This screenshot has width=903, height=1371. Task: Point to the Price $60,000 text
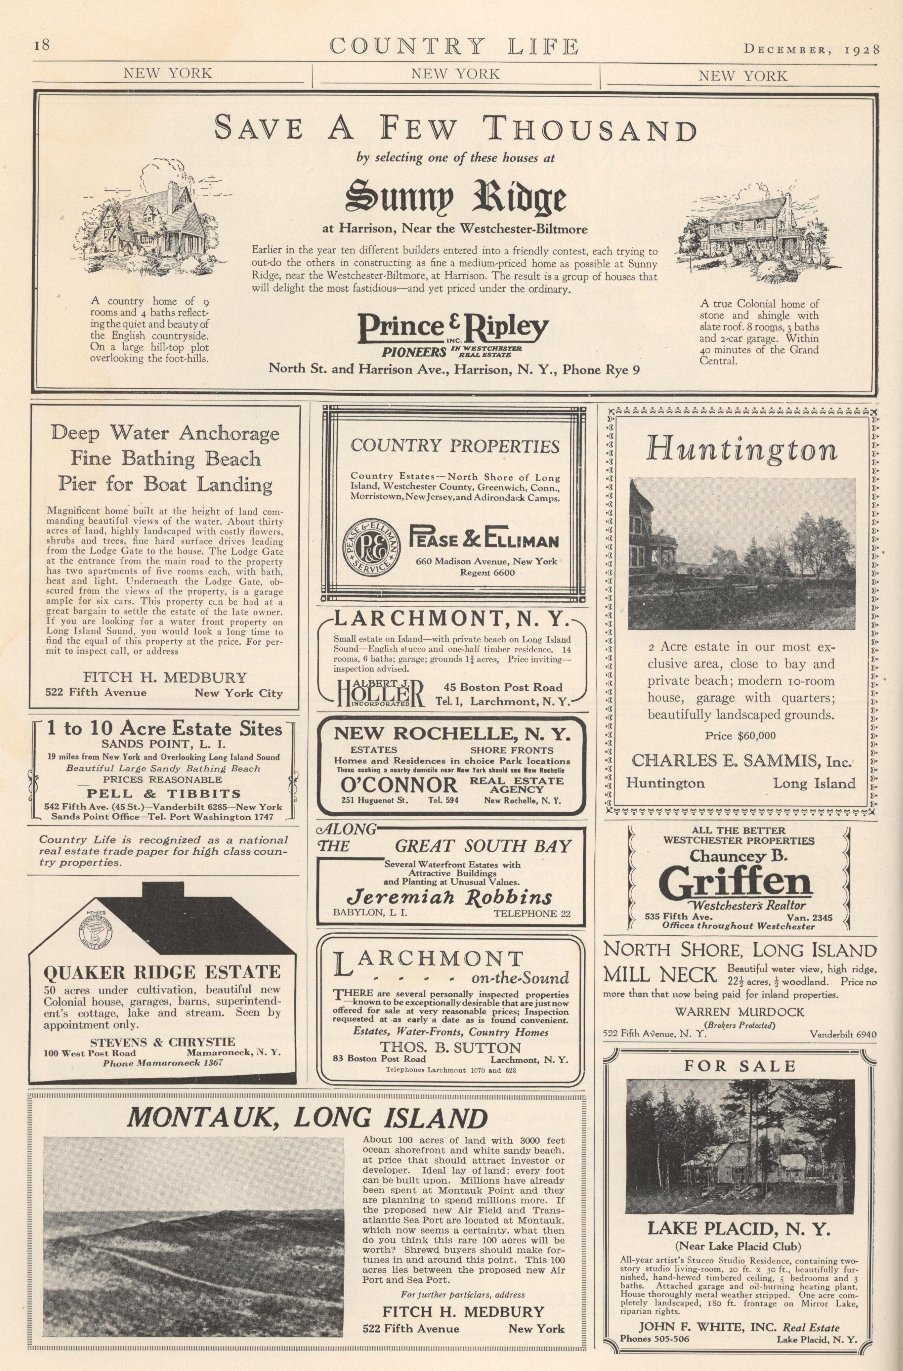pyautogui.click(x=740, y=736)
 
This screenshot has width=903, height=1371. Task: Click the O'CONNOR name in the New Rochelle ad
pyautogui.click(x=399, y=784)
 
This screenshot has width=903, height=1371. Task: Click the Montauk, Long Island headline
pyautogui.click(x=307, y=1118)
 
